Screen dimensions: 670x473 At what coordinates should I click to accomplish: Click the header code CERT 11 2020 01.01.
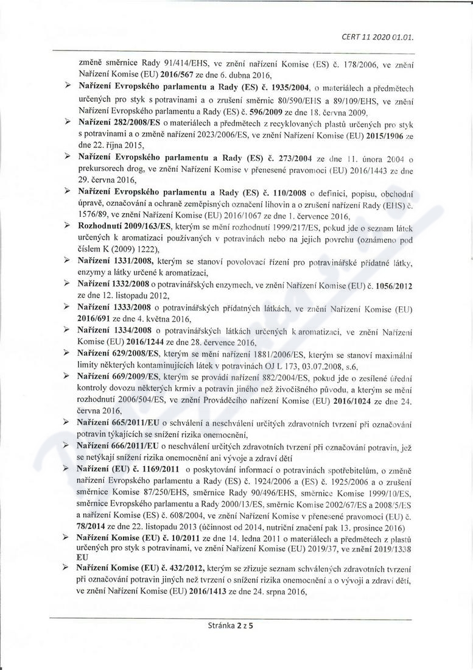pyautogui.click(x=378, y=37)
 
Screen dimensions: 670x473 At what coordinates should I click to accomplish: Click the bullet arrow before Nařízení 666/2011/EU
pyautogui.click(x=68, y=445)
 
